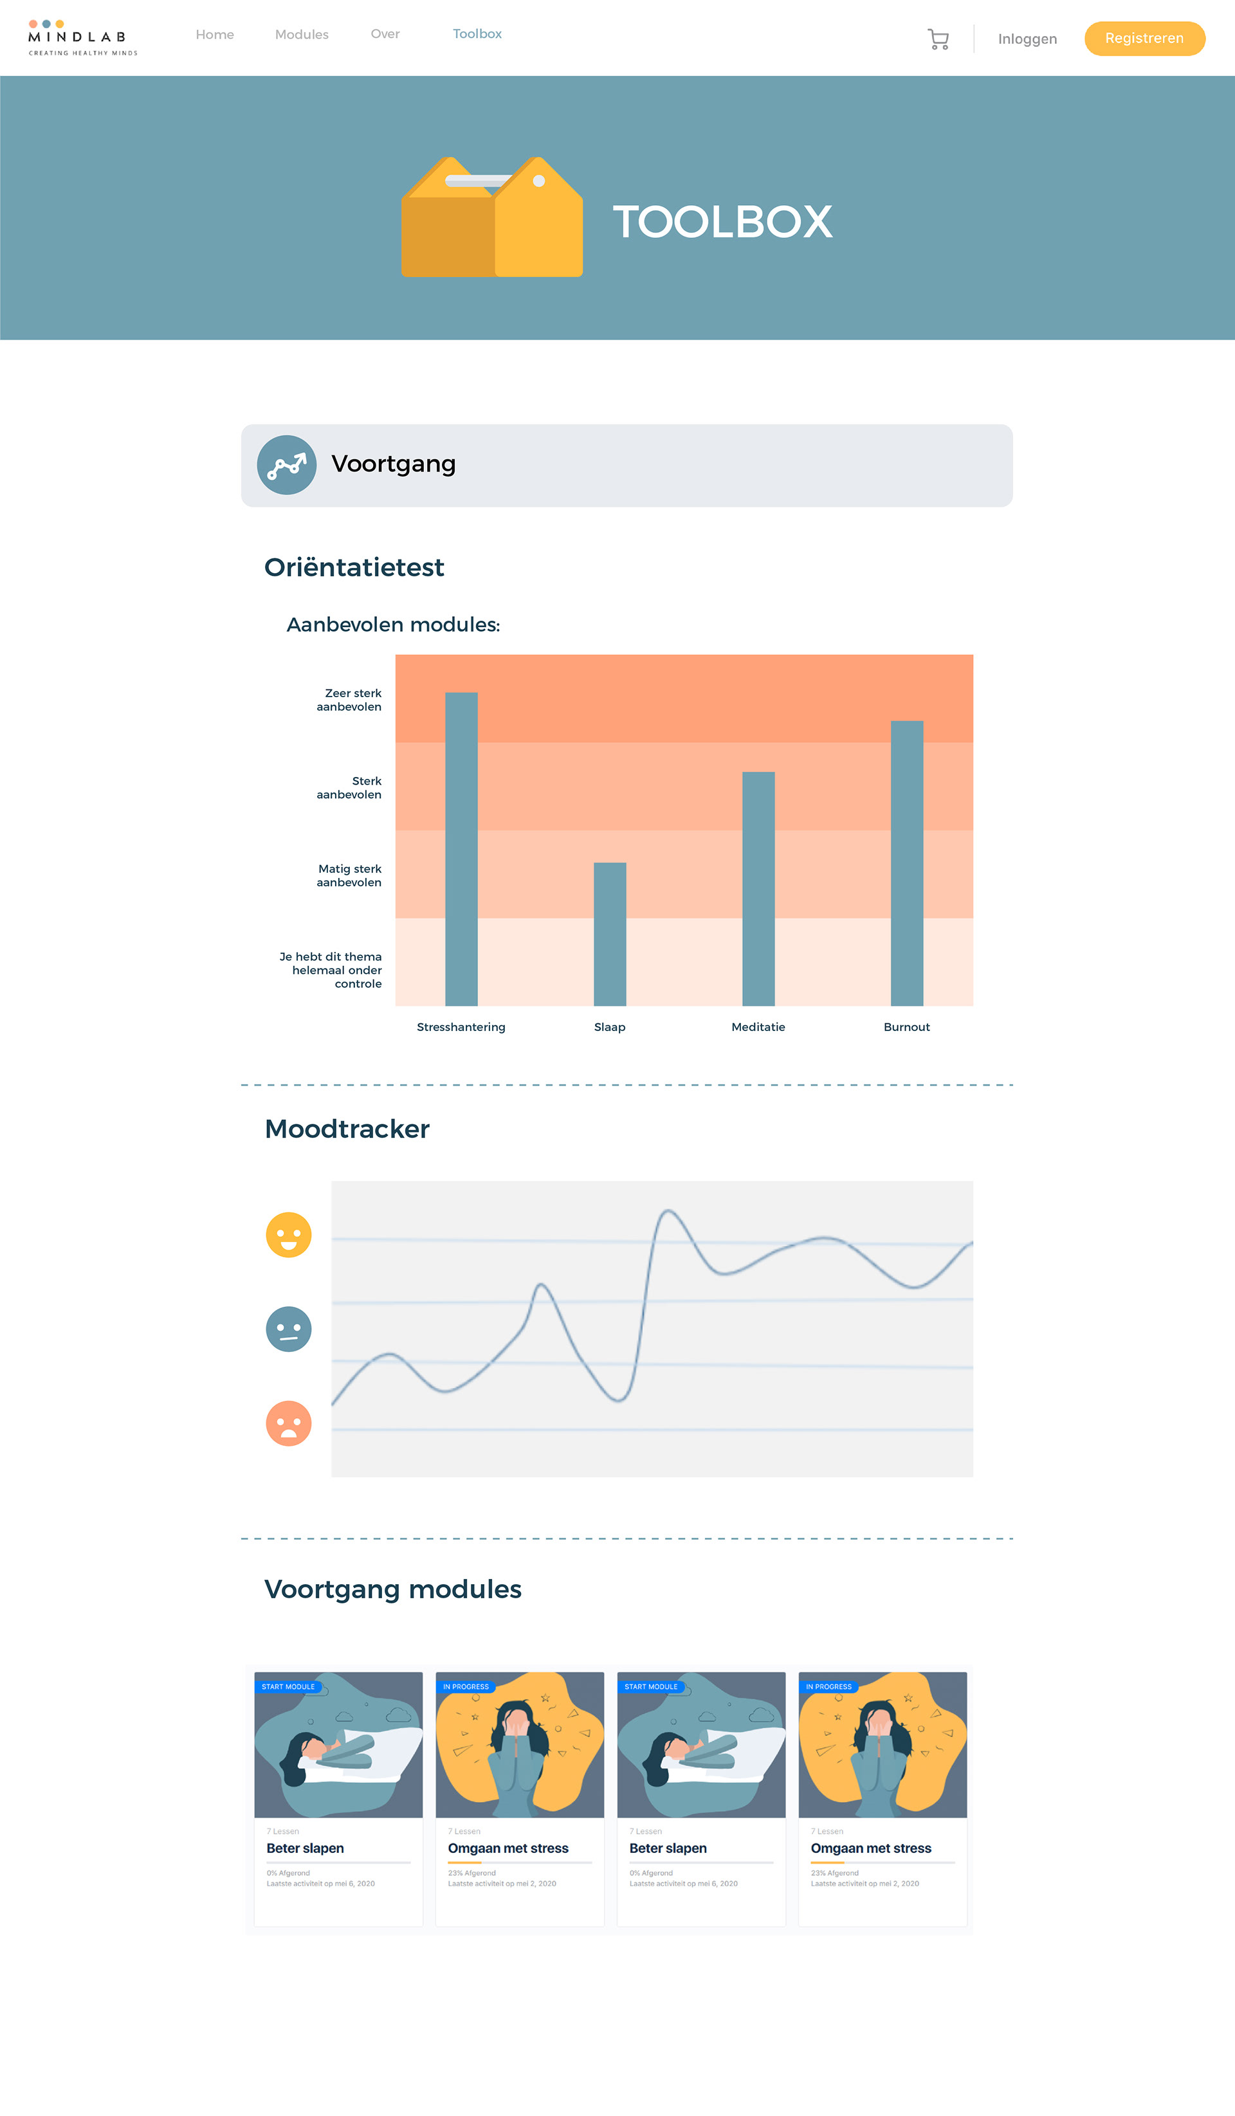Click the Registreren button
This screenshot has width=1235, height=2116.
1144,39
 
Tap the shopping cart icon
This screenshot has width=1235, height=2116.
938,39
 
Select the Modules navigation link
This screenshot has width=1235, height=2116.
302,35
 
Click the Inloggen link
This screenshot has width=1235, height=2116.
1027,39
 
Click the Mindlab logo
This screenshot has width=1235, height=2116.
82,38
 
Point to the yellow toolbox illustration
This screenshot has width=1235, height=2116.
492,217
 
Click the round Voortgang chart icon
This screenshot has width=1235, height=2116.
286,464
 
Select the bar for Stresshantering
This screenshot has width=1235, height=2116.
461,848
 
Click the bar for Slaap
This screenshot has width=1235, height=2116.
610,934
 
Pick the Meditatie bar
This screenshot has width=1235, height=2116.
758,888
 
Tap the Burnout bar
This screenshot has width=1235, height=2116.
907,862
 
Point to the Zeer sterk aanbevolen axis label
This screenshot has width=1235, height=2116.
349,700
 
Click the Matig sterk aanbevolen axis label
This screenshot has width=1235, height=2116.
349,875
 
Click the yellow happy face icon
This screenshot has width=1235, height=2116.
288,1234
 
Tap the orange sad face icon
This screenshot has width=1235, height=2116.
288,1423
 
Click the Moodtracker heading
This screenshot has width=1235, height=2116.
347,1129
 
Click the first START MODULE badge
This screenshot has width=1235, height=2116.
288,1686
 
